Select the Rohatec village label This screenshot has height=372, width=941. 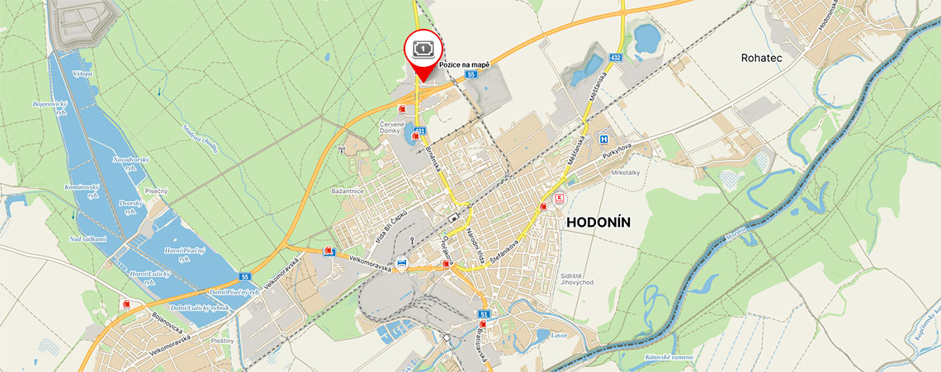[760, 59]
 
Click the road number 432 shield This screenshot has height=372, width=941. [615, 57]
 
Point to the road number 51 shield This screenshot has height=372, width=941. [484, 314]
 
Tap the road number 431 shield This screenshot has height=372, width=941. [420, 130]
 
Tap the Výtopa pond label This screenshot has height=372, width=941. [83, 74]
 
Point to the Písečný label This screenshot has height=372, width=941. [155, 191]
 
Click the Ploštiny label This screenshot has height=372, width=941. [222, 340]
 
